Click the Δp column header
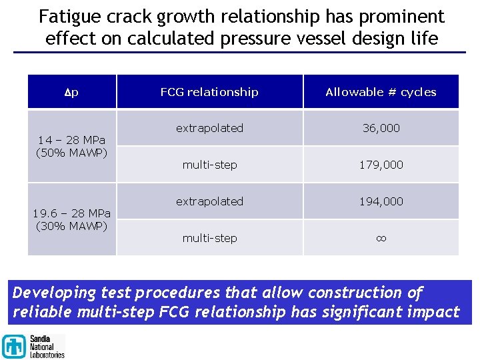pyautogui.click(x=72, y=92)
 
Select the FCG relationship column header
pyautogui.click(x=209, y=92)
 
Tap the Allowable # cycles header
pyautogui.click(x=381, y=92)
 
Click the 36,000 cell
pyautogui.click(x=381, y=128)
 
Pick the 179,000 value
pyautogui.click(x=381, y=165)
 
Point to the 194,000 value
pyautogui.click(x=381, y=201)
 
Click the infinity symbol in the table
pyautogui.click(x=381, y=238)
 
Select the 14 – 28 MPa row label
pyautogui.click(x=72, y=140)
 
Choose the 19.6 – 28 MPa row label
pyautogui.click(x=72, y=213)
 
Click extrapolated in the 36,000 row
pyautogui.click(x=209, y=128)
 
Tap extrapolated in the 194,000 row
pyautogui.click(x=209, y=201)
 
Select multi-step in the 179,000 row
pyautogui.click(x=209, y=165)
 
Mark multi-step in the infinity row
pyautogui.click(x=209, y=238)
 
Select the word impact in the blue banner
pyautogui.click(x=435, y=312)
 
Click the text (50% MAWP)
pyautogui.click(x=72, y=152)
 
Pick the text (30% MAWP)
pyautogui.click(x=72, y=225)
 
